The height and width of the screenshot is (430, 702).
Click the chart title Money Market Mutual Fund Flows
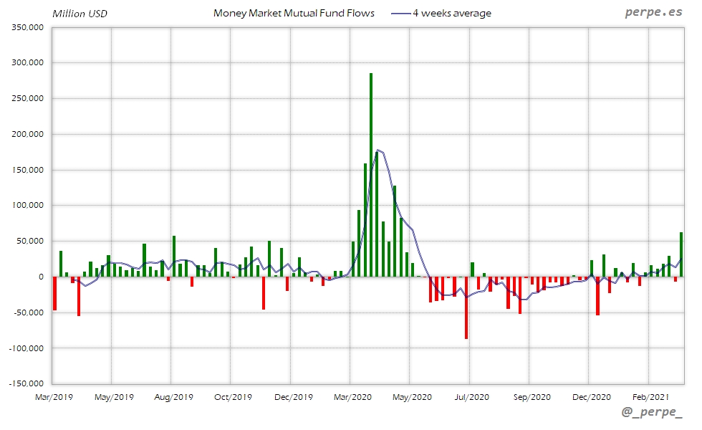coord(294,13)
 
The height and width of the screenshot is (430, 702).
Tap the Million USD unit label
coord(80,13)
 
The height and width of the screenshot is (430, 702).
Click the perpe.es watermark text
coord(654,12)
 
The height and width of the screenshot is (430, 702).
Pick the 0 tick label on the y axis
coord(41,277)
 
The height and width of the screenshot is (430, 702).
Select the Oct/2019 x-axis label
coord(233,396)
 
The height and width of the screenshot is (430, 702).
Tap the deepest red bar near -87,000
coord(466,308)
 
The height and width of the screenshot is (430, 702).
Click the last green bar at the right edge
coord(681,254)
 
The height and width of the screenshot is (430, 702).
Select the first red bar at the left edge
coord(55,293)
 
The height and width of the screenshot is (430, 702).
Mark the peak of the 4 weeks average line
coord(378,150)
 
